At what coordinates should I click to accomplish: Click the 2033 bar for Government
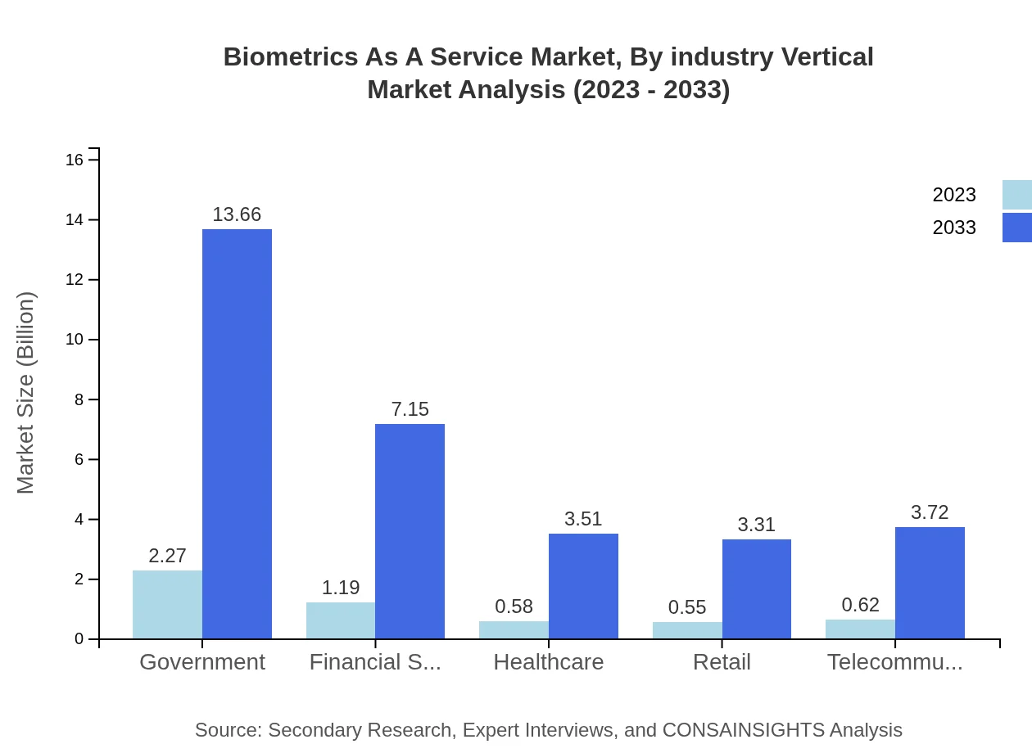(237, 434)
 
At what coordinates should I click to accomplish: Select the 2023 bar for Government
(167, 605)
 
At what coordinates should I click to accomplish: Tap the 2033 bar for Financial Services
(410, 531)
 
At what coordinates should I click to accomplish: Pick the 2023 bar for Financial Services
(341, 620)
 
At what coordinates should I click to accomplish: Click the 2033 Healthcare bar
(583, 586)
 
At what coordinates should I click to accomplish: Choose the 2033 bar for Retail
(756, 589)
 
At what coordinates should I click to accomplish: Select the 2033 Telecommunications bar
(930, 583)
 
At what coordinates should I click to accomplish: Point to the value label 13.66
(237, 214)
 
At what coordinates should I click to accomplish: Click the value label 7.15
(410, 409)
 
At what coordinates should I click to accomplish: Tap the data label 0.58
(514, 606)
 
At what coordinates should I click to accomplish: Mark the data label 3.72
(930, 512)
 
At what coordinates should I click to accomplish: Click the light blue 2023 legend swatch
(1017, 195)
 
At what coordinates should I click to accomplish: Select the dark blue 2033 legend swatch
(1017, 228)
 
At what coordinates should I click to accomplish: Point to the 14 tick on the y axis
(75, 219)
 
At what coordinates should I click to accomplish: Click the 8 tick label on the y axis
(79, 399)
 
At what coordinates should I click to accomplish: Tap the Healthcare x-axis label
(548, 662)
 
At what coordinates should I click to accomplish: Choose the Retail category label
(722, 662)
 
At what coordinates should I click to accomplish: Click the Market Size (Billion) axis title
(25, 393)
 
